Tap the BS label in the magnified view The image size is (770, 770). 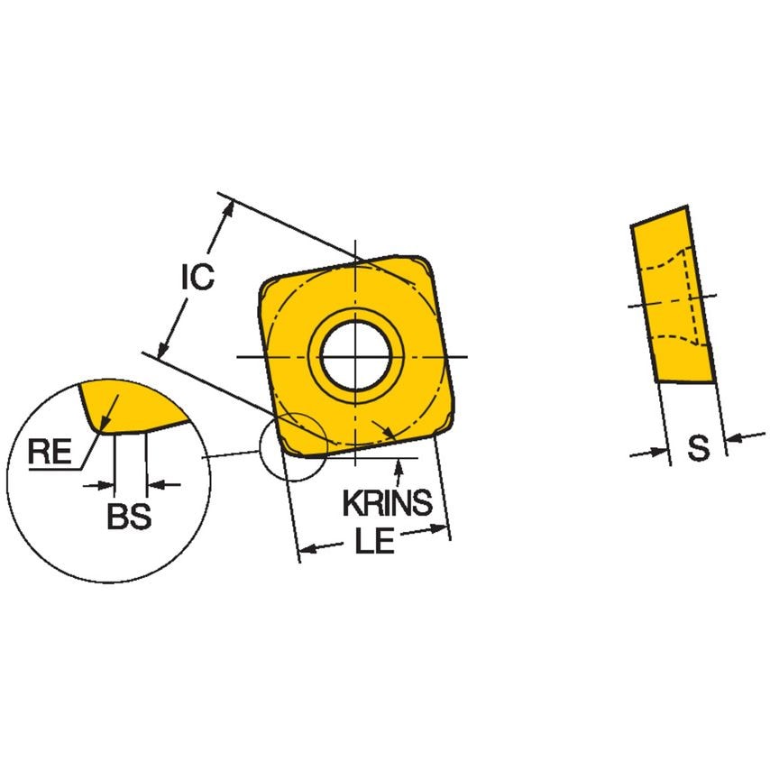(128, 518)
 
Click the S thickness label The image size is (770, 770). (698, 448)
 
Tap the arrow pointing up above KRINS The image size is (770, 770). (398, 465)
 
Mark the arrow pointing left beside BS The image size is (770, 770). (154, 485)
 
